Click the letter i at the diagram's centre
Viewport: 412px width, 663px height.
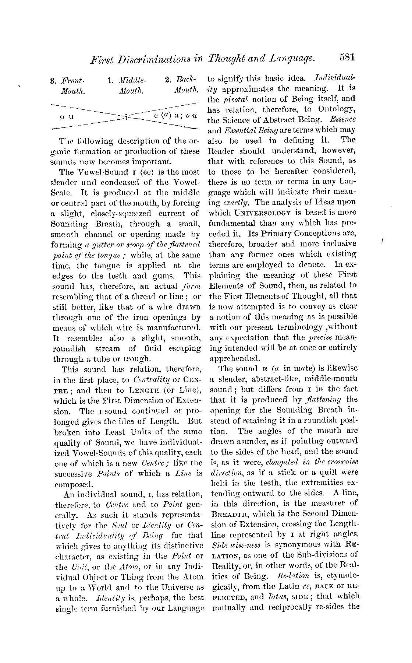click(126, 117)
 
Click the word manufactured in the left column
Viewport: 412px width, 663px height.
click(174, 327)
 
